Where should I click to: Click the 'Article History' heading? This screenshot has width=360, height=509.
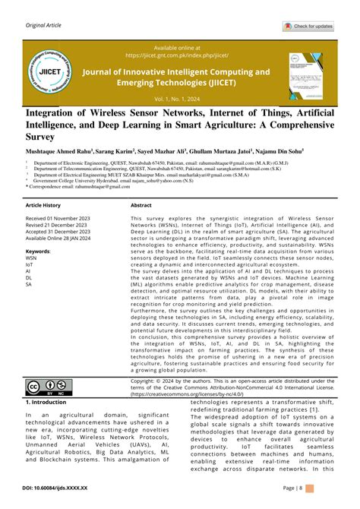coord(43,206)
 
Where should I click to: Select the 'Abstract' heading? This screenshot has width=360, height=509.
coord(141,206)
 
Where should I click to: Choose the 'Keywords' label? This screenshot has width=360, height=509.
coord(38,250)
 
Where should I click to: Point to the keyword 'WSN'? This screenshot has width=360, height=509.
coord(31,258)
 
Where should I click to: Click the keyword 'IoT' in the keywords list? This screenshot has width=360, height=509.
coord(29,264)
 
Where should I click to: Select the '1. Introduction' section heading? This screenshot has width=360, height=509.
coord(48,402)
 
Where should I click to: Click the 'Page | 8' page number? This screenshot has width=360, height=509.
coord(314,488)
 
